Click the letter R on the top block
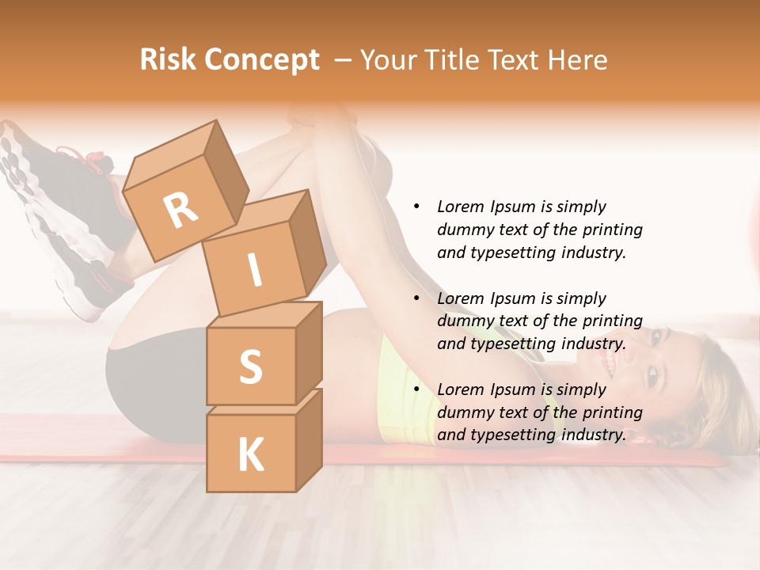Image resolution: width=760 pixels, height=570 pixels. pyautogui.click(x=181, y=211)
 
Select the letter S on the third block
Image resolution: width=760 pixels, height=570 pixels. pyautogui.click(x=250, y=367)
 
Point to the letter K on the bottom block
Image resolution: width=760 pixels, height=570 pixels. pyautogui.click(x=250, y=455)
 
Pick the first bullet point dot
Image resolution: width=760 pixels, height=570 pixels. pyautogui.click(x=416, y=207)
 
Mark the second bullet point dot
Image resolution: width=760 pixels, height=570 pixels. pyautogui.click(x=416, y=298)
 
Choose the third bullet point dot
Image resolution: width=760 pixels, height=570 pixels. pyautogui.click(x=416, y=389)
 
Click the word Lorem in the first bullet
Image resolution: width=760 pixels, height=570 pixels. pyautogui.click(x=461, y=207)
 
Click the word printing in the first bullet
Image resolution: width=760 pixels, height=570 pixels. pyautogui.click(x=614, y=230)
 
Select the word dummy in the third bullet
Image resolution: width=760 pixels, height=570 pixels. pyautogui.click(x=462, y=412)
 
